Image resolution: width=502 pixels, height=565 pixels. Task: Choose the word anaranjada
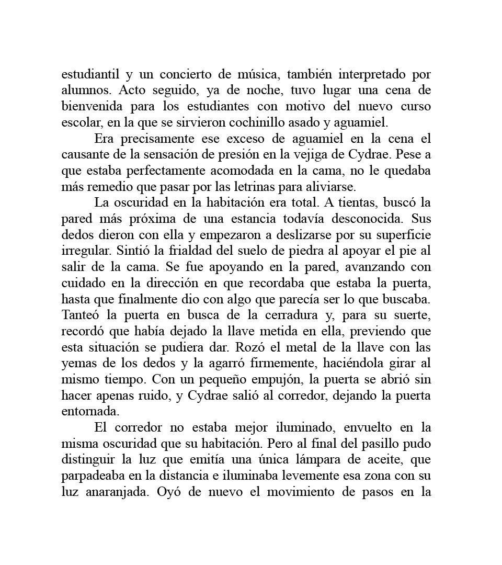[118, 492]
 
